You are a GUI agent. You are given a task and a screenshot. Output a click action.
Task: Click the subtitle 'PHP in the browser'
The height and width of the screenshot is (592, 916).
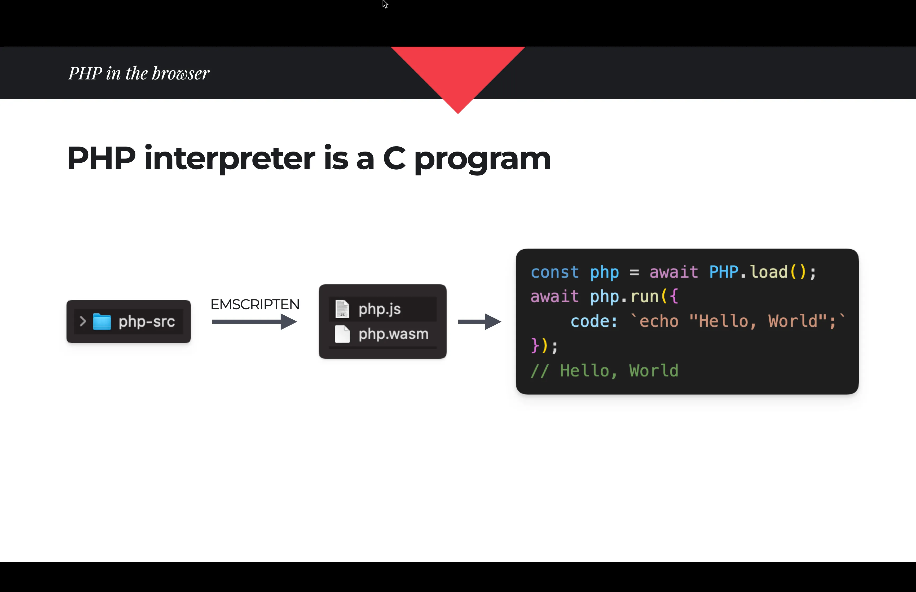click(139, 73)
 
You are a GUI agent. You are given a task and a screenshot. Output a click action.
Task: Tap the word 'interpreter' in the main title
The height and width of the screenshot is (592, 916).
click(230, 159)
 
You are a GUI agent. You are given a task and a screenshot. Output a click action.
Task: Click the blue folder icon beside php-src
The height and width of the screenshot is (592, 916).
click(102, 321)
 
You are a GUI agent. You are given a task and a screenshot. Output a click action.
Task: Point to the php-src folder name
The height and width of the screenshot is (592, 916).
click(147, 321)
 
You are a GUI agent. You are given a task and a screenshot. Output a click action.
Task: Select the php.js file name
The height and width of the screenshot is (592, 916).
click(379, 309)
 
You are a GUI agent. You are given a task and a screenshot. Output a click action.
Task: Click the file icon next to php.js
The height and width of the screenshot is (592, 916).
click(342, 309)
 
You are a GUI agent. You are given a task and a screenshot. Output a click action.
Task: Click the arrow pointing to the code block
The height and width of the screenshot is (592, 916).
click(479, 322)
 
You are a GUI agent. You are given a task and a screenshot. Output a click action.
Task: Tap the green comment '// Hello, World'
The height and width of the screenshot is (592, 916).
click(604, 370)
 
